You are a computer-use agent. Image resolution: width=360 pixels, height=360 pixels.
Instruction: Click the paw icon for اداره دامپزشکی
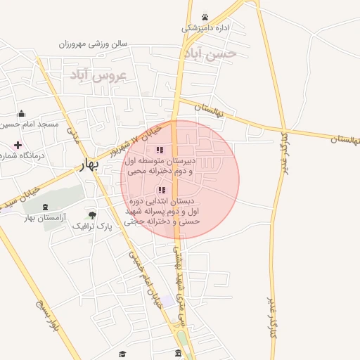pyautogui.click(x=205, y=17)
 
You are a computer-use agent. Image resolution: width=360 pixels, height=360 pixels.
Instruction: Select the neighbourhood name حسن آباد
pyautogui.click(x=210, y=53)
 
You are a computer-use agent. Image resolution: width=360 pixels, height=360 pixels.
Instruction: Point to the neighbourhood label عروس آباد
pyautogui.click(x=97, y=75)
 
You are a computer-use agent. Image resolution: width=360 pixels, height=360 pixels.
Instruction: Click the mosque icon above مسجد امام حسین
pyautogui.click(x=21, y=113)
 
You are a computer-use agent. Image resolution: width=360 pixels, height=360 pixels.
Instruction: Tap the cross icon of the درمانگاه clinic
pyautogui.click(x=18, y=145)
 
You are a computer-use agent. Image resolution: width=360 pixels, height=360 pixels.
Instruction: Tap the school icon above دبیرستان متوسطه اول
pyautogui.click(x=160, y=150)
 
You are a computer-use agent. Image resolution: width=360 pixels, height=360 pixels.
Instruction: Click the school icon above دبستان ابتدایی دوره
pyautogui.click(x=162, y=190)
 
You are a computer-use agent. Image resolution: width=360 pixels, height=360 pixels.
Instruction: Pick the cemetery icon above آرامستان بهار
pyautogui.click(x=46, y=206)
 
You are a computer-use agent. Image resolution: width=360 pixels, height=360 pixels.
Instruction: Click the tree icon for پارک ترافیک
pyautogui.click(x=92, y=214)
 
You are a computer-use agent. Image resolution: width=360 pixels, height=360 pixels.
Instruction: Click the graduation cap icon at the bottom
pyautogui.click(x=122, y=354)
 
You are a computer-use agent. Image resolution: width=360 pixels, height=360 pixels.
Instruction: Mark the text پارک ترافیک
pyautogui.click(x=95, y=226)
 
